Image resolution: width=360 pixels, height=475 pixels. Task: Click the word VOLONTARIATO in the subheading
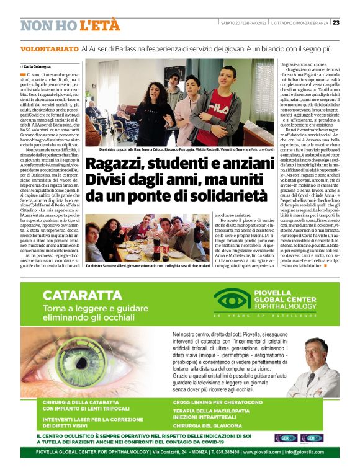pyautogui.click(x=49, y=48)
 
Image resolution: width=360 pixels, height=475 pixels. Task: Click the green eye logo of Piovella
pyautogui.click(x=230, y=301)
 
